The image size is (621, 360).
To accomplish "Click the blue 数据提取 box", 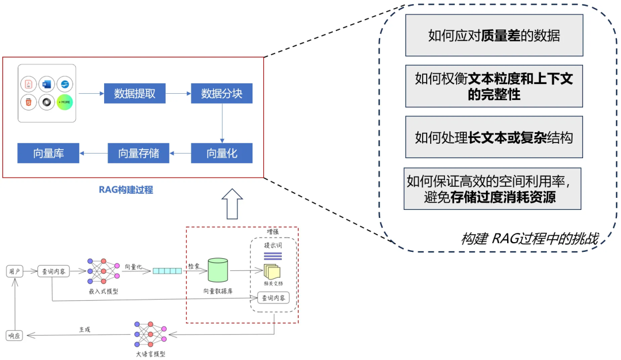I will point(135,93).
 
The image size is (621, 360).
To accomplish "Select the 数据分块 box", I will point(221,93).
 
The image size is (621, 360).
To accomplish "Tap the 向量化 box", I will point(222,154).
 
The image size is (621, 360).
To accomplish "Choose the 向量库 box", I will point(48,154).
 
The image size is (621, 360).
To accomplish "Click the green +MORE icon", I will point(65,103).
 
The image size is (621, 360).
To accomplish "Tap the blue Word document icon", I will point(47,85).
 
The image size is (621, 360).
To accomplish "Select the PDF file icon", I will point(28,85).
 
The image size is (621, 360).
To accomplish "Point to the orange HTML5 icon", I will point(28,103).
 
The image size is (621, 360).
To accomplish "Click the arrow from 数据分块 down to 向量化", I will point(222,124).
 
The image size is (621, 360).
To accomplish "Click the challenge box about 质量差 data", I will point(494,36).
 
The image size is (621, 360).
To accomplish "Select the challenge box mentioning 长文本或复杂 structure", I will point(494,137).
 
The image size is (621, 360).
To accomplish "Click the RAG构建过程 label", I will point(126,190).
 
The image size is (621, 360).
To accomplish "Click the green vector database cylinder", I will point(218,270).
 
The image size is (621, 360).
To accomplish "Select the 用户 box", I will point(15,271).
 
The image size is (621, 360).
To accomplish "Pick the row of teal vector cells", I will point(167,271).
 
